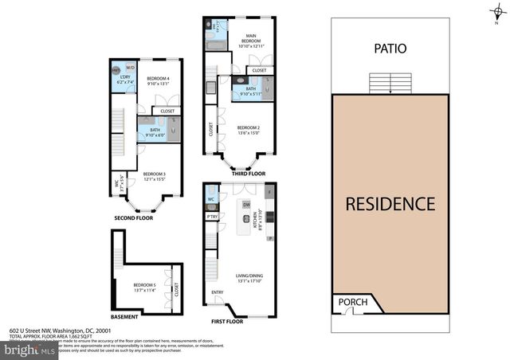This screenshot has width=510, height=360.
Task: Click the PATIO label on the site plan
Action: click(x=390, y=49)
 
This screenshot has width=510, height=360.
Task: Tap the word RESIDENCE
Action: click(x=390, y=204)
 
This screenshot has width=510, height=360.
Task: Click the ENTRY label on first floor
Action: click(x=218, y=292)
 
